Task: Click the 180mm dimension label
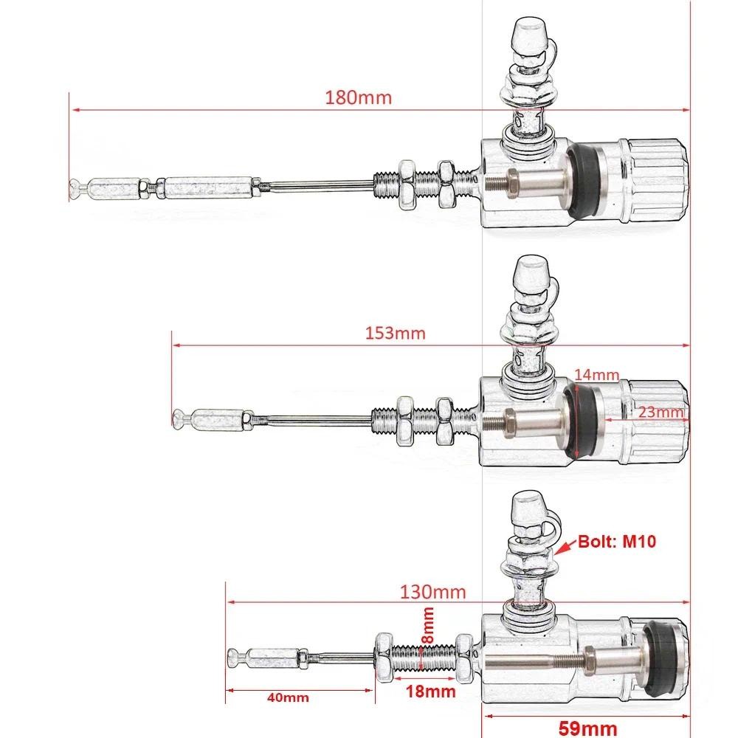coord(358,97)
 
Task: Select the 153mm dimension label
coord(396,334)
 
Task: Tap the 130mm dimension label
coord(433,592)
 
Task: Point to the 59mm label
coord(588,728)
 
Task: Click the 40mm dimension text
coord(288,697)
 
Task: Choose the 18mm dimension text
coord(431,692)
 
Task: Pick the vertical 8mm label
coord(427,626)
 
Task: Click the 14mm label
coord(597,375)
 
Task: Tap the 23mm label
coord(660,412)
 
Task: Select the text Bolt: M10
coord(616,541)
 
